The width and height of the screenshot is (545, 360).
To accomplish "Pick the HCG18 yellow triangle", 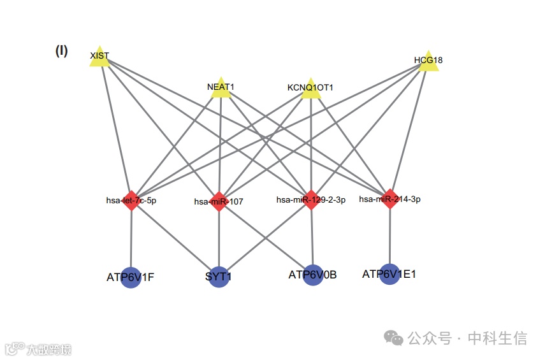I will point(428,62).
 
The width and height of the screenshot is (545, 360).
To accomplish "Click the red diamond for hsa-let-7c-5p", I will point(131,200).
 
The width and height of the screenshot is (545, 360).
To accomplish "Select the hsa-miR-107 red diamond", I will point(219,201).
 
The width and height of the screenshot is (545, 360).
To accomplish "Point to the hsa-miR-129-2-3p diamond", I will point(311,199).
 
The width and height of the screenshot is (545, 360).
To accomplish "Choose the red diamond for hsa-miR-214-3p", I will point(390,199).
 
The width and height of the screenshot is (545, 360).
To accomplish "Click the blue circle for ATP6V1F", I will point(131,278).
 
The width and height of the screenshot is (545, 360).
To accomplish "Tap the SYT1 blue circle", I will point(219,278).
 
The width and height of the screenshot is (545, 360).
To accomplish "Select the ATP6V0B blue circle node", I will point(312,275).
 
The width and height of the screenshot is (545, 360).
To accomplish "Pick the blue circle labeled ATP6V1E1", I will point(389,274).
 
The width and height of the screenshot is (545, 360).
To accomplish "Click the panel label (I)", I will point(62,51).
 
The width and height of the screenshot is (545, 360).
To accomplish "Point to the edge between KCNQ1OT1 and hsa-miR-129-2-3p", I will point(310,147).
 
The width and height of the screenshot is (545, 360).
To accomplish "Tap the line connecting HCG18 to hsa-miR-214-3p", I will point(410,131).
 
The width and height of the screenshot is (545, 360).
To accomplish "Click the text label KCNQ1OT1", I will point(310,87).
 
